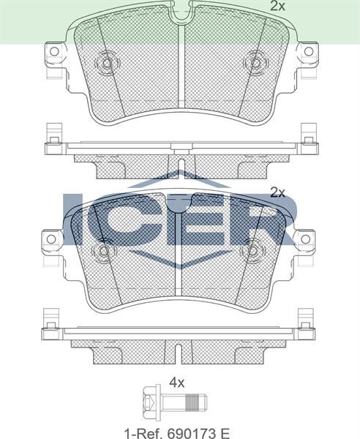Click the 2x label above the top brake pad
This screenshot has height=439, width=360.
(x=277, y=7)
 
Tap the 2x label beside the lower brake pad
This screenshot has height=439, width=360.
(x=277, y=192)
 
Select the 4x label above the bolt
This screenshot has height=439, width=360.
(x=176, y=381)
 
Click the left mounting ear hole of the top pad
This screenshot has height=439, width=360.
(x=53, y=53)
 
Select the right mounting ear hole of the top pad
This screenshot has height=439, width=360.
(x=308, y=53)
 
